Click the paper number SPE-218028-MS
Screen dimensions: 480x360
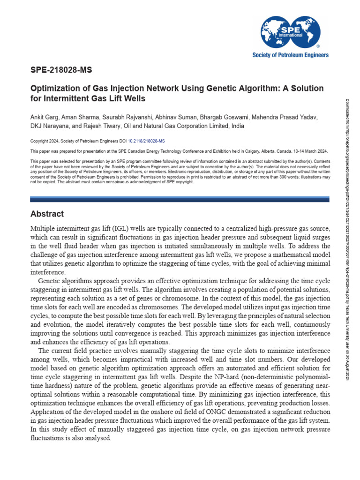(x=61, y=71)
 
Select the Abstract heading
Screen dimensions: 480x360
(x=47, y=214)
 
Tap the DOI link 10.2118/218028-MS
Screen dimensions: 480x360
(x=147, y=141)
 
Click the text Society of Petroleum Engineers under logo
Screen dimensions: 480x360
(x=291, y=55)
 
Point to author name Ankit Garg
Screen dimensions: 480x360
(x=45, y=117)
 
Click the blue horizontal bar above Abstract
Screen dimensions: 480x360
(x=180, y=199)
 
